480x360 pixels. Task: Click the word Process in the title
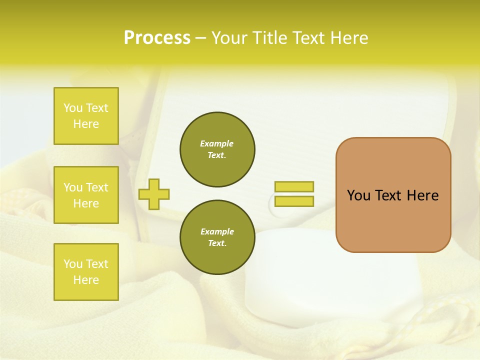click(x=157, y=38)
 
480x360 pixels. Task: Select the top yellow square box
click(x=86, y=116)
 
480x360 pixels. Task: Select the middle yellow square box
click(x=86, y=195)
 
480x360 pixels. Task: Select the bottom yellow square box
click(x=86, y=272)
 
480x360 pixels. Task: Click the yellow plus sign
click(x=154, y=194)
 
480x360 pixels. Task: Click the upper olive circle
click(x=217, y=149)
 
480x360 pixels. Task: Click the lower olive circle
click(x=217, y=237)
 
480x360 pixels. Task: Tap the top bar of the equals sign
click(x=294, y=187)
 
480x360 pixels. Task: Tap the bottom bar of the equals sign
click(x=294, y=201)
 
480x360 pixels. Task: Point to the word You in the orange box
click(x=358, y=195)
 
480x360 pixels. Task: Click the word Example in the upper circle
click(x=217, y=143)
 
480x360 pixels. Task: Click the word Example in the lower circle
click(x=217, y=231)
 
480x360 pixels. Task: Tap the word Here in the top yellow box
click(x=86, y=124)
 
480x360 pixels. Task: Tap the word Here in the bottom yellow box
click(x=86, y=280)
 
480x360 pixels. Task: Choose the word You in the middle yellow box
click(x=73, y=187)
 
